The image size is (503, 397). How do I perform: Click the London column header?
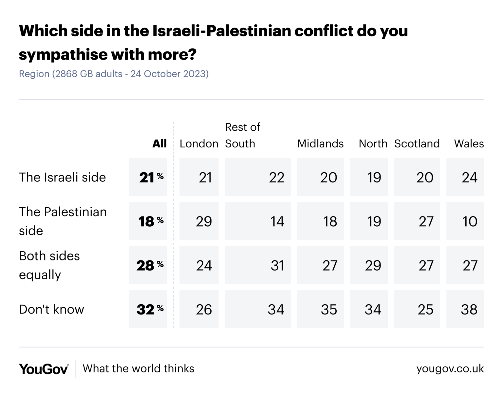(x=199, y=143)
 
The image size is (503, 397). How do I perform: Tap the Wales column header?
(x=469, y=143)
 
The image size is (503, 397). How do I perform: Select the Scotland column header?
(x=417, y=143)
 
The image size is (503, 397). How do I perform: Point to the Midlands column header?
(x=320, y=143)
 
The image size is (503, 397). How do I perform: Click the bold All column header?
(x=159, y=143)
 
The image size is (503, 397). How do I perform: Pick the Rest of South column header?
(x=242, y=135)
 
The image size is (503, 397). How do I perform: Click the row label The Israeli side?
(x=63, y=177)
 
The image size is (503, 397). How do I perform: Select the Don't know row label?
(x=51, y=309)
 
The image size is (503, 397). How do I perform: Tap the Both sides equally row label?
(x=49, y=265)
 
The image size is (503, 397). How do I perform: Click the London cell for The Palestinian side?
(x=199, y=221)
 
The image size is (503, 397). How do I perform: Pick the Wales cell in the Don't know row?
(x=465, y=309)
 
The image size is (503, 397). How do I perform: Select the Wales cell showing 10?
(x=465, y=221)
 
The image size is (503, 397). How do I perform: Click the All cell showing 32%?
(x=148, y=309)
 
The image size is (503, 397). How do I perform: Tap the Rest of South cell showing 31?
(x=258, y=265)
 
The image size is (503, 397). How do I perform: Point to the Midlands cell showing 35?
(x=320, y=309)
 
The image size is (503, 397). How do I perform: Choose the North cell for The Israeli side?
(x=369, y=177)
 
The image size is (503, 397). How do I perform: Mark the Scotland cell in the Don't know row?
(x=417, y=309)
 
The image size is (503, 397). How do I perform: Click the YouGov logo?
(x=44, y=369)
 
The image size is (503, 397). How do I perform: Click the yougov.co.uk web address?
(x=450, y=369)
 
